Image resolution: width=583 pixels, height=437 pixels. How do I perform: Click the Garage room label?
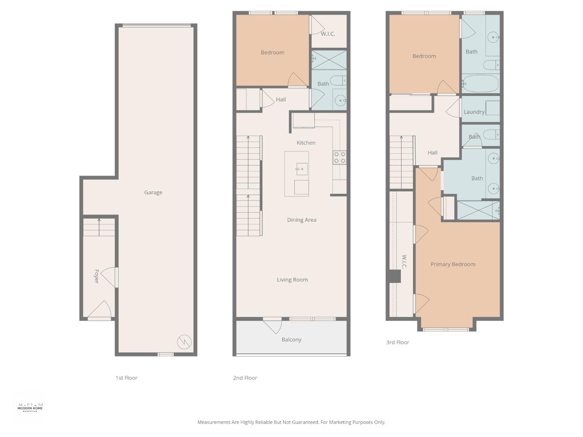click(x=153, y=193)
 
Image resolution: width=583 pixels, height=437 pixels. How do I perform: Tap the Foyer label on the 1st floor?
click(x=96, y=276)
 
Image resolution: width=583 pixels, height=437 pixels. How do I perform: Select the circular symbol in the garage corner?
click(x=185, y=342)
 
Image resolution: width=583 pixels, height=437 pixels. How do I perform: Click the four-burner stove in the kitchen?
click(x=340, y=157)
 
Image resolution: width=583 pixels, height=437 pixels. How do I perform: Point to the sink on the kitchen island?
click(x=302, y=169)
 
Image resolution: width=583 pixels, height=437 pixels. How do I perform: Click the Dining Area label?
click(x=302, y=220)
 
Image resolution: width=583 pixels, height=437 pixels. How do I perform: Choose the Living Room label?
click(x=292, y=280)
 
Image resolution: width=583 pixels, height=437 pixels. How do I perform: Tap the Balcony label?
click(x=291, y=339)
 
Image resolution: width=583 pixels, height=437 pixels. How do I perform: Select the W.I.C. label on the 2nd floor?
click(x=328, y=34)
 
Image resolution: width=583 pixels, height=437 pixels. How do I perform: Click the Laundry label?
click(x=474, y=112)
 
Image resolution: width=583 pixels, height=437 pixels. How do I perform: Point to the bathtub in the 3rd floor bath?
click(x=481, y=84)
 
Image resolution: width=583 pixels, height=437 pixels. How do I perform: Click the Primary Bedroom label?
click(x=453, y=264)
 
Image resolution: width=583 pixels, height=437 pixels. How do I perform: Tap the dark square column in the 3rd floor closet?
click(x=394, y=276)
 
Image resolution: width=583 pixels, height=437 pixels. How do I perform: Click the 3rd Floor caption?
click(x=398, y=342)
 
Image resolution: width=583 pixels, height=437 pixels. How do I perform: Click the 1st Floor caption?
click(x=126, y=378)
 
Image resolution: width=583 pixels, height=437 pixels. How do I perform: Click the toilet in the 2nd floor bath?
click(x=338, y=81)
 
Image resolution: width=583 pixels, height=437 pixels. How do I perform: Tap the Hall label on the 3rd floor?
click(x=432, y=153)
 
